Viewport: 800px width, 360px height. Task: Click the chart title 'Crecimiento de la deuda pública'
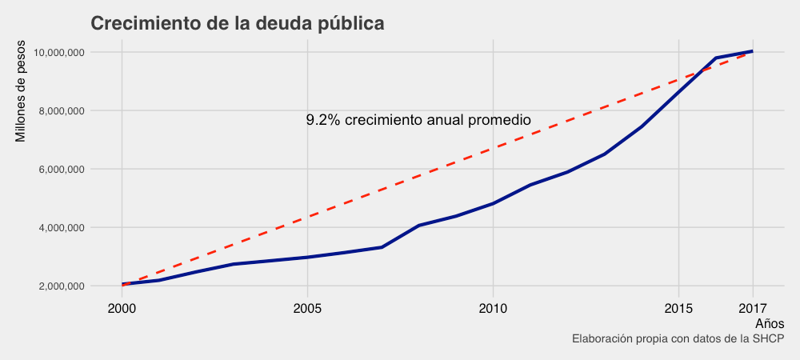(238, 24)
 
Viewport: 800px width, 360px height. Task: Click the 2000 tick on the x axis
(122, 308)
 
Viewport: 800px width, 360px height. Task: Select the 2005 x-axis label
(307, 308)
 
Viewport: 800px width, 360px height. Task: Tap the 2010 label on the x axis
(493, 308)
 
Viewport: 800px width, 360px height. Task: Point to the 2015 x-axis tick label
(678, 308)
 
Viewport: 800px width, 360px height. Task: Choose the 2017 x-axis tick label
(753, 308)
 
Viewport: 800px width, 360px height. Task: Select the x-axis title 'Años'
(770, 323)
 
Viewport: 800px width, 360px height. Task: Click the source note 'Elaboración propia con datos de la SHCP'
(678, 339)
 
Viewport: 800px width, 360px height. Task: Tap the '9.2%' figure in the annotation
(323, 120)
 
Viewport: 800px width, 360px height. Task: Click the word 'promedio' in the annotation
(500, 120)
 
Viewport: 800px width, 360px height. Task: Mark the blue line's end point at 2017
(753, 51)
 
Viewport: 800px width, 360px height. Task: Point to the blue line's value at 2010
(493, 203)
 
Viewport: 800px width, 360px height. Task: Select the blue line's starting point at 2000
(122, 284)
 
